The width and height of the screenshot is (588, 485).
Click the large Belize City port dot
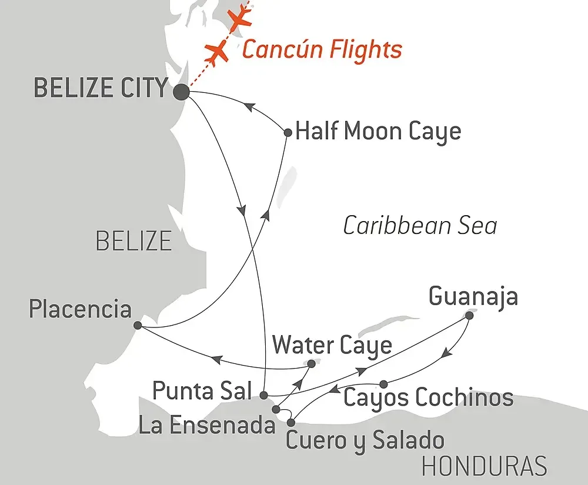coord(181,92)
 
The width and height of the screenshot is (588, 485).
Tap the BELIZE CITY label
coord(101,89)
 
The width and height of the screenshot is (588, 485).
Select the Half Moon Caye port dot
coord(288,133)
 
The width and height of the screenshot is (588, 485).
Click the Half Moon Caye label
coord(378,132)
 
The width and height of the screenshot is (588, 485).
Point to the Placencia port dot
coord(137,325)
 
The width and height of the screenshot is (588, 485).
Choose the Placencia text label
coord(80,309)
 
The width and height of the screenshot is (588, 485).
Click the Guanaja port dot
coord(469,316)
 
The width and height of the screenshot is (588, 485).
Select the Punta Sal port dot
coord(264,394)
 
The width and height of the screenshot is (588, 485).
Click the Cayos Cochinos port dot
coord(383,384)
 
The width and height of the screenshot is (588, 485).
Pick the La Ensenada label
coord(206,425)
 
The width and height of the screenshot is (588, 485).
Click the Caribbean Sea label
coord(420,226)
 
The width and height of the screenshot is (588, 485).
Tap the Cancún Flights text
coord(322,49)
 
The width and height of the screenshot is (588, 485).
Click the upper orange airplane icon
coord(240,18)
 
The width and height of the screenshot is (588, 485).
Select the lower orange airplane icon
coord(218,52)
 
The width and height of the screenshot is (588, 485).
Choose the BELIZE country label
coord(133,240)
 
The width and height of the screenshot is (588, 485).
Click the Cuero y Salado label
coord(365,440)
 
